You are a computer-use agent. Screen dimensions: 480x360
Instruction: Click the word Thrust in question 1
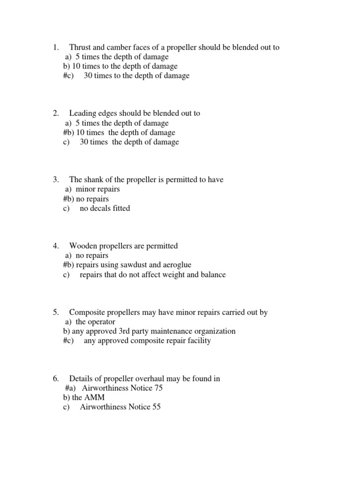pyautogui.click(x=81, y=47)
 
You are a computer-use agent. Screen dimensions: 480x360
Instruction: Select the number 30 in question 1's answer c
pyautogui.click(x=88, y=76)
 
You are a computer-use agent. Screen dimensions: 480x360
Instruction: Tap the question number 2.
pyautogui.click(x=55, y=113)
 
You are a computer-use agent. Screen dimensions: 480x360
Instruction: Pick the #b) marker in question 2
pyautogui.click(x=68, y=133)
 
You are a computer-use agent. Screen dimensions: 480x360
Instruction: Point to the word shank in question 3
pyautogui.click(x=95, y=180)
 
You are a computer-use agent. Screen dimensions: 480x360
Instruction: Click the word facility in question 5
pyautogui.click(x=198, y=341)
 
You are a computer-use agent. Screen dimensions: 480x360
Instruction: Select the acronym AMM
pyautogui.click(x=95, y=397)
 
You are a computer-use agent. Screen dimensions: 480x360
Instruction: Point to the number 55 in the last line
pyautogui.click(x=156, y=407)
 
